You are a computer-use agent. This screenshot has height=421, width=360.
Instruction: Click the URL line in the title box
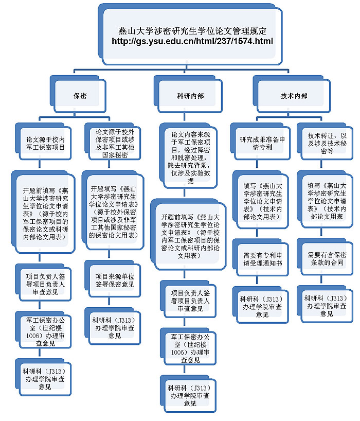pos(193,41)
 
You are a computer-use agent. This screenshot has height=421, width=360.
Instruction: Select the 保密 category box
pos(80,96)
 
